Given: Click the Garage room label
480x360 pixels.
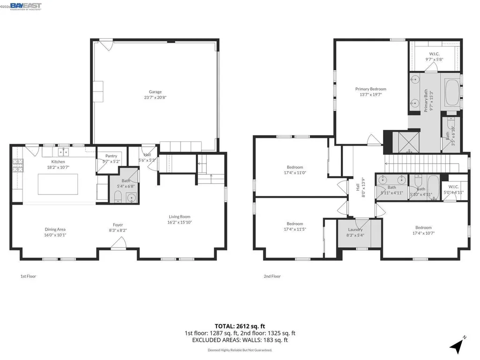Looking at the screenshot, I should click(155, 92).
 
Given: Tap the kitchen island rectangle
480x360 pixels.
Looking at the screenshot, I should click(58, 184).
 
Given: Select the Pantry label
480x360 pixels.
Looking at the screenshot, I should click(111, 156).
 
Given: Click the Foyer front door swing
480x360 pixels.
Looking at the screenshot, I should click(119, 243).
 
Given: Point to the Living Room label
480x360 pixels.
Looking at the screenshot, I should click(180, 217).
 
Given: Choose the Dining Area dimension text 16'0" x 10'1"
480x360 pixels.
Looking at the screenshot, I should click(55, 235).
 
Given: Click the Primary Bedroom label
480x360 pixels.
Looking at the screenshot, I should click(370, 89).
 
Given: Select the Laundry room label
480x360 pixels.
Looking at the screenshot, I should click(355, 230).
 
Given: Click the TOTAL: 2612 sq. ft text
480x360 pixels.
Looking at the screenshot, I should click(240, 326).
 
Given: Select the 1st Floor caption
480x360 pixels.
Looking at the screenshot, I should click(28, 276).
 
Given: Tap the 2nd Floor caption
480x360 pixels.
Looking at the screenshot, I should click(272, 276).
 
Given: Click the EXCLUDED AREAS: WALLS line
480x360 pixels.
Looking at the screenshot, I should click(240, 340).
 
